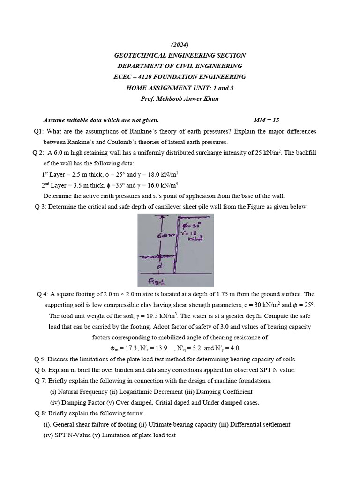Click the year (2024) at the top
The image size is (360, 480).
coord(180,45)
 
